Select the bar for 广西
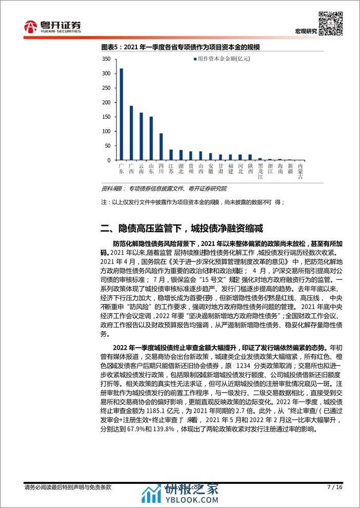click(x=131, y=133)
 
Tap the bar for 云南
click(x=141, y=136)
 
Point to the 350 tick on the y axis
click(x=106, y=59)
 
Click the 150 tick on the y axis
click(x=106, y=117)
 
